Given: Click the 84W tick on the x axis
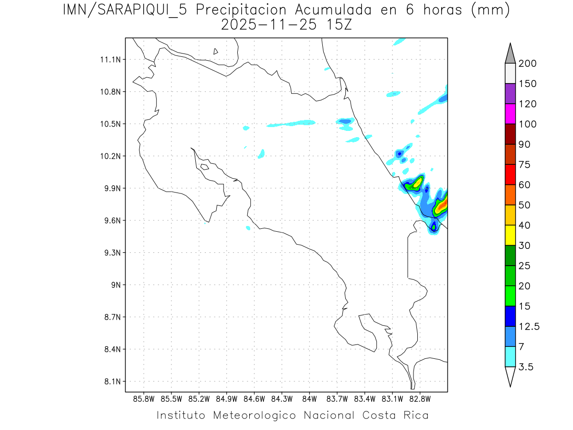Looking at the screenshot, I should [x=309, y=398].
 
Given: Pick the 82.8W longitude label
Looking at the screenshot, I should [x=420, y=398].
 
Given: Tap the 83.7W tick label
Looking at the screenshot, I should [x=337, y=398].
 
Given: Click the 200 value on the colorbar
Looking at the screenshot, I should [x=527, y=64].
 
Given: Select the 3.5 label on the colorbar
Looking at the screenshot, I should [x=526, y=367].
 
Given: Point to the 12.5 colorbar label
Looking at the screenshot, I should [x=529, y=327].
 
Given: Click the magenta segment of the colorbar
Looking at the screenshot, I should [x=510, y=114].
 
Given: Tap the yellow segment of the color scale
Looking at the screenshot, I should [x=510, y=235].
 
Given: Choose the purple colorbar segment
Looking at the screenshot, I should [x=510, y=94].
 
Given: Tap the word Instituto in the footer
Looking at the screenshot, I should [x=181, y=415].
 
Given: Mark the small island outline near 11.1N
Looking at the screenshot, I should [x=216, y=51].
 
